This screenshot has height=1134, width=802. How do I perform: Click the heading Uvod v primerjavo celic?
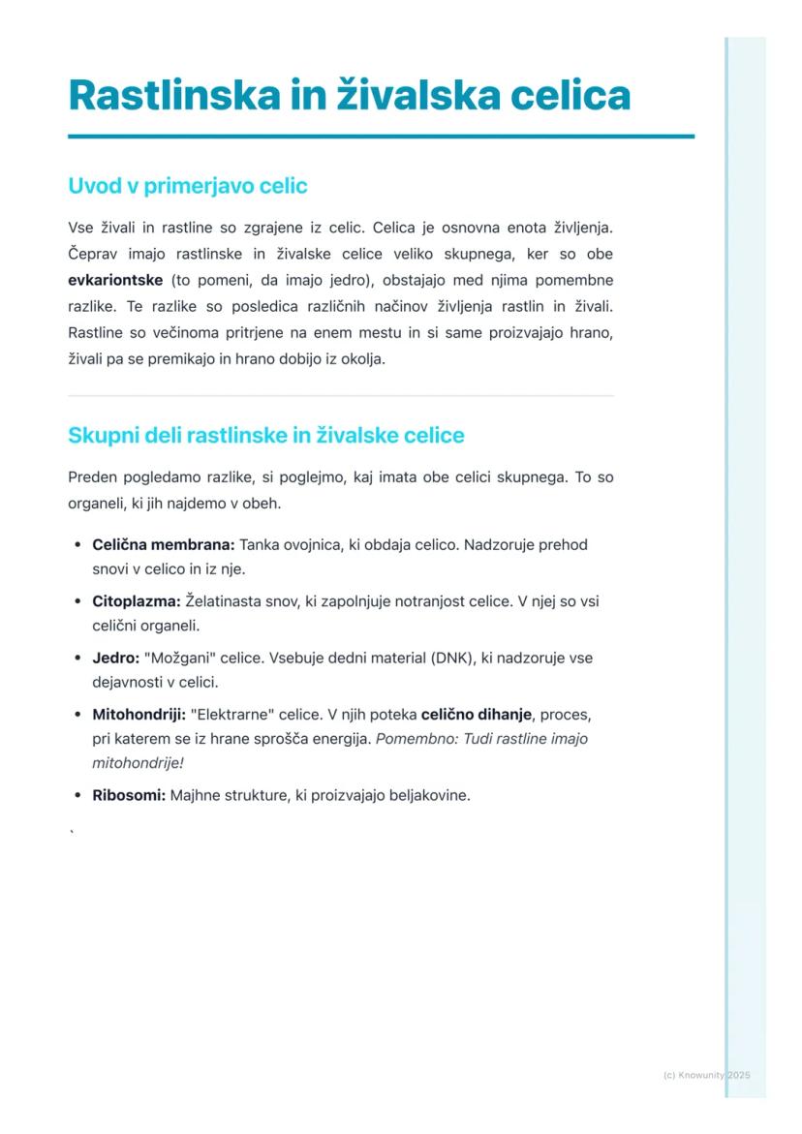[187, 185]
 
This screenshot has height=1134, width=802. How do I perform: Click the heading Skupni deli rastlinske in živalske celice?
[266, 436]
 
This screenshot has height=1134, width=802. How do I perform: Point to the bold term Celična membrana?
[164, 545]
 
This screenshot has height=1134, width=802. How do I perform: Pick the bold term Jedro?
[115, 659]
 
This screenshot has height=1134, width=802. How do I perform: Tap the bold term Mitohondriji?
[139, 715]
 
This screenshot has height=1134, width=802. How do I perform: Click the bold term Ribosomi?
[129, 796]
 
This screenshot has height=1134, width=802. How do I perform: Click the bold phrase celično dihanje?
[477, 715]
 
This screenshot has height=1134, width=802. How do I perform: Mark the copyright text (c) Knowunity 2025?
[707, 1075]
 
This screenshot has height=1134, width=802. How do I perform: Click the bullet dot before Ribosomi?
[77, 796]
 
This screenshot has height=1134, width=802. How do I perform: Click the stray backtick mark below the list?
[72, 830]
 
